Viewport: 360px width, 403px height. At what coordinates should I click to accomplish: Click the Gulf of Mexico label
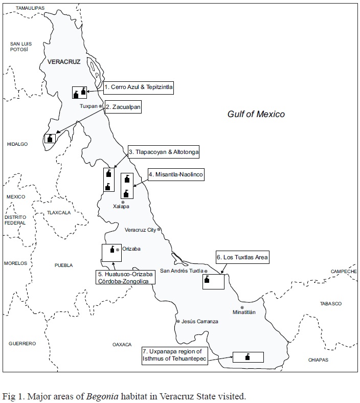[256, 114]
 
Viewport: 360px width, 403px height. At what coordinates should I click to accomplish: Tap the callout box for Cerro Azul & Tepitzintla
[138, 87]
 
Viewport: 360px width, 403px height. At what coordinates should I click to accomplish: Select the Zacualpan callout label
[122, 107]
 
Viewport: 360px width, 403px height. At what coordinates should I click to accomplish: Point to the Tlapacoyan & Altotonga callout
[163, 152]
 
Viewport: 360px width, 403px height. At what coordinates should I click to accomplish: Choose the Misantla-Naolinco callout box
[176, 175]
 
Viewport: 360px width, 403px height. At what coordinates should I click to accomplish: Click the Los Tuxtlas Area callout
[242, 257]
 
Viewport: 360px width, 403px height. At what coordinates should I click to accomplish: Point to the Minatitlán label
[244, 312]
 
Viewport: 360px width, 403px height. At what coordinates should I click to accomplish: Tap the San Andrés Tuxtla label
[182, 271]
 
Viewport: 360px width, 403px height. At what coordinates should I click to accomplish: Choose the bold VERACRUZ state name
[64, 61]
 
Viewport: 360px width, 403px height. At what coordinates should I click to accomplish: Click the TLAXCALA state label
[58, 212]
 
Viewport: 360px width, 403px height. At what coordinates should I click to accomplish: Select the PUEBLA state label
[64, 265]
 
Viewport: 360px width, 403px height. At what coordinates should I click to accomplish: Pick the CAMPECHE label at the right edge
[343, 271]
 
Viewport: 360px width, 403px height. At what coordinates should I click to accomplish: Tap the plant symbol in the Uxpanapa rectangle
[247, 356]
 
